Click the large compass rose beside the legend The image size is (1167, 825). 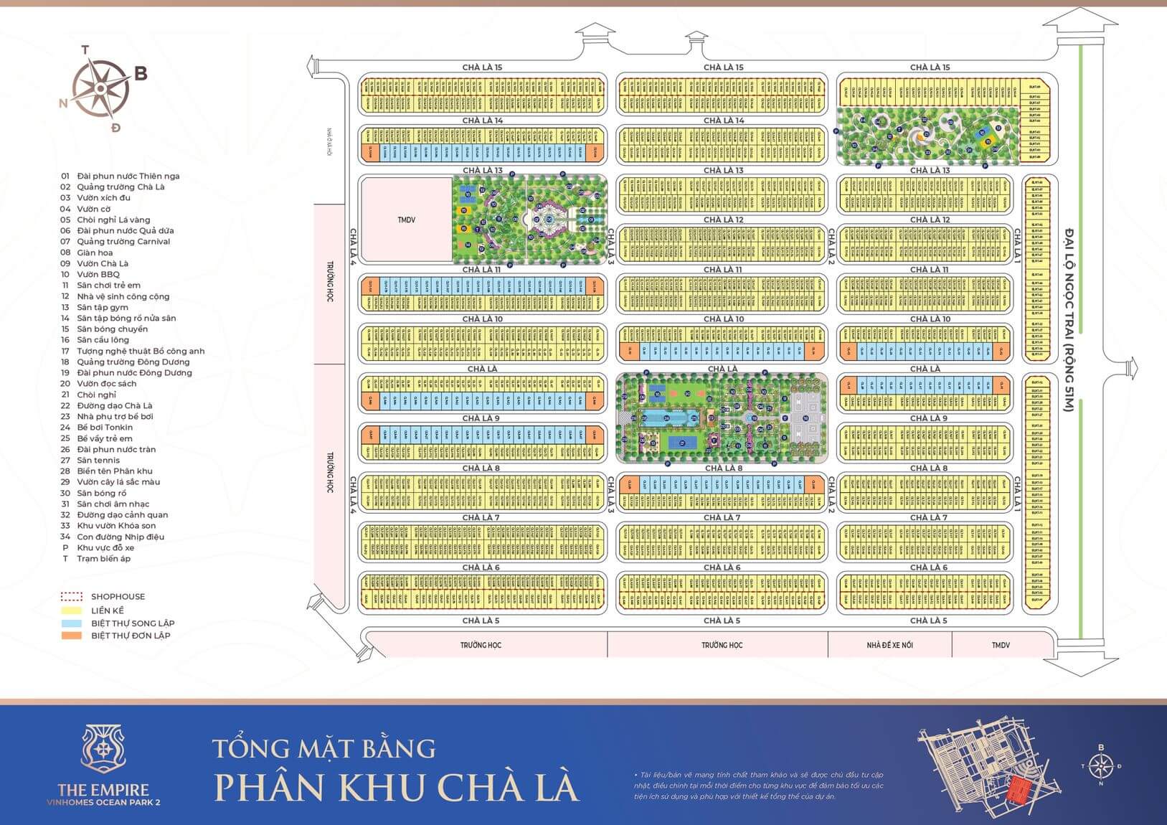tap(102, 89)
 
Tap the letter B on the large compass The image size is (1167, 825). tap(141, 73)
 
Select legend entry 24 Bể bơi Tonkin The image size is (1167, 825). tap(105, 428)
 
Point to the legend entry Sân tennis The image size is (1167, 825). tap(98, 461)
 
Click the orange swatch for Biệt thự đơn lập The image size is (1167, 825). tap(71, 636)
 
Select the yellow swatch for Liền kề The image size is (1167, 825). tap(71, 610)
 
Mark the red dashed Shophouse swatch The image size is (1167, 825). tap(71, 597)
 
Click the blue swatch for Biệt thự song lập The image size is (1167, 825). tap(71, 623)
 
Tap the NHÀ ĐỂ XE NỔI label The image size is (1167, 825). tap(889, 645)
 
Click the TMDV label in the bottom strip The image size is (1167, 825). tap(1001, 645)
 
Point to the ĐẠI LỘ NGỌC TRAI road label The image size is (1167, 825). tap(1068, 319)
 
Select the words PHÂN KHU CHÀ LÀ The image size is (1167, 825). tap(396, 786)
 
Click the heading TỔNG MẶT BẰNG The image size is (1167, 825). tap(324, 748)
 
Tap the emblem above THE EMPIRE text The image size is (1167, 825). tap(103, 750)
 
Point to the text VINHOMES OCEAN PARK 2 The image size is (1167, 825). tap(103, 803)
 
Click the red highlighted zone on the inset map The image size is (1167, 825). tap(1017, 791)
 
